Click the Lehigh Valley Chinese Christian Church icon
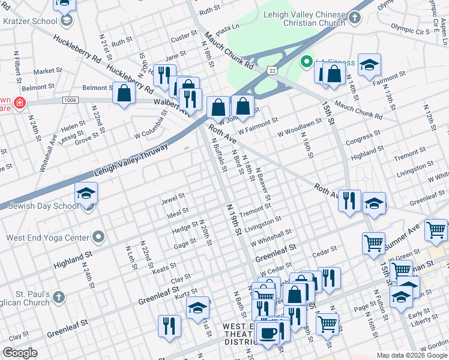coord(355,17)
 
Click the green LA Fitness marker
coord(306,62)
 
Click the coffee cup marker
coord(268,332)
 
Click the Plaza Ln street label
coord(228,28)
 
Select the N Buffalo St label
coord(219,155)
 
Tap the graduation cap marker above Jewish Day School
coord(86,193)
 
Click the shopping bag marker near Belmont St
coord(124,94)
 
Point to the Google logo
coord(20,353)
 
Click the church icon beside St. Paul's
coord(58,297)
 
